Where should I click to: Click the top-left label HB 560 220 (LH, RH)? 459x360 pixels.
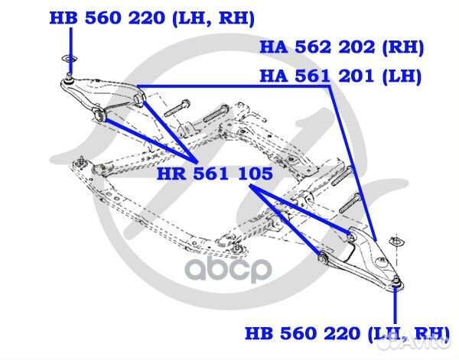(x=152, y=18)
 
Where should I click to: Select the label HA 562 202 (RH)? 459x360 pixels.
(x=341, y=47)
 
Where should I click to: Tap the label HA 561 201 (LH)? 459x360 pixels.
(x=341, y=76)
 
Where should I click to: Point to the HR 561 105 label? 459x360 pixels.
(x=214, y=174)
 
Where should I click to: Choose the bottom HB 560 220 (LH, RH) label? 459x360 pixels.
(x=347, y=333)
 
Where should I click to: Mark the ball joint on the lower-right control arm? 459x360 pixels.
(x=396, y=286)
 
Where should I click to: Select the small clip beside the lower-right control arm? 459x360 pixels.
(x=396, y=242)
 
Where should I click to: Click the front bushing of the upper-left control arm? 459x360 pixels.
(x=100, y=115)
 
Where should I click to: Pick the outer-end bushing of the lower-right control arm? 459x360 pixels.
(x=324, y=260)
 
